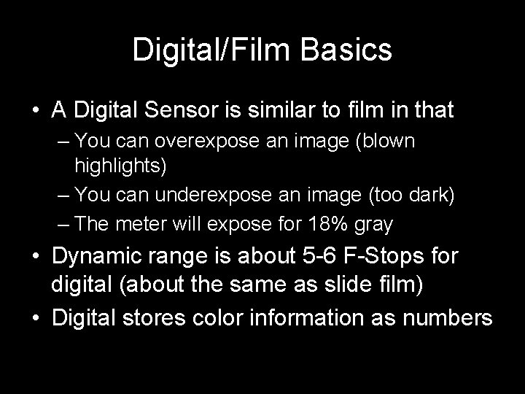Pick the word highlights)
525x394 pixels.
[x=120, y=166]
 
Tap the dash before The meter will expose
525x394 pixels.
[x=63, y=224]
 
